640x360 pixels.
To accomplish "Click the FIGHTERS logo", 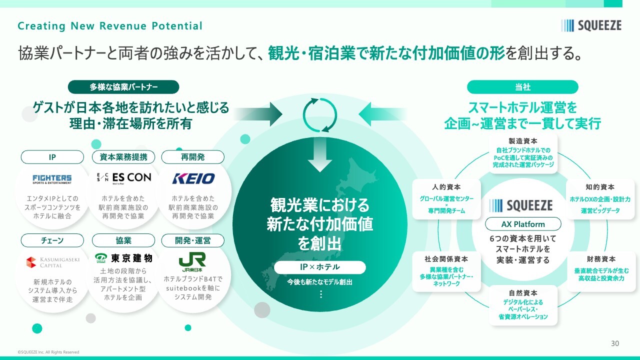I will [x=52, y=179].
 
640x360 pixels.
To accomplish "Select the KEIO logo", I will [x=193, y=178].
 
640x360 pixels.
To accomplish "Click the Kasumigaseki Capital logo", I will [x=52, y=262].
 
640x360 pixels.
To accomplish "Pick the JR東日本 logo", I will [x=192, y=261].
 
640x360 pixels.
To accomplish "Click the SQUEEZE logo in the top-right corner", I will [x=591, y=25].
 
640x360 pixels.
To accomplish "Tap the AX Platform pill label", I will [x=523, y=224].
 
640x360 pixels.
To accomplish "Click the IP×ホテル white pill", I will [x=319, y=267].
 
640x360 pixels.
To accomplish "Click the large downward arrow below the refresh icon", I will [x=320, y=156].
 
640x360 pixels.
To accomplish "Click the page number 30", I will [x=615, y=343].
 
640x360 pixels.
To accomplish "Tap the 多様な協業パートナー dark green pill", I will [x=123, y=87].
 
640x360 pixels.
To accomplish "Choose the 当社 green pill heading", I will [x=522, y=87].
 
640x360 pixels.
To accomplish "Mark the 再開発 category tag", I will [x=192, y=157].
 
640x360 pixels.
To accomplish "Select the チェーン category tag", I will [x=52, y=240].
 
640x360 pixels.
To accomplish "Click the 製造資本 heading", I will [x=523, y=141].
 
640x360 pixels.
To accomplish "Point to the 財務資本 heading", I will [x=601, y=259].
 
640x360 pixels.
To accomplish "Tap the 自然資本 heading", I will [x=523, y=293].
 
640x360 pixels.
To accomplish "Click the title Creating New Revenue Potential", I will [x=110, y=26].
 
